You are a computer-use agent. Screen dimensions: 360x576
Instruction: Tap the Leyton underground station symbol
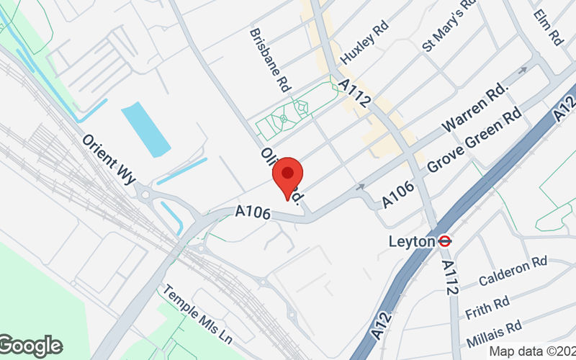pyautogui.click(x=445, y=242)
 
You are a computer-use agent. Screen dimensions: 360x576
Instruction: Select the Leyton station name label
pyautogui.click(x=413, y=242)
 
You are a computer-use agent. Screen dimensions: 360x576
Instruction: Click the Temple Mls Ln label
pyautogui.click(x=197, y=316)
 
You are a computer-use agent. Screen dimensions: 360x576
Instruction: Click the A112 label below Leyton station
pyautogui.click(x=449, y=277)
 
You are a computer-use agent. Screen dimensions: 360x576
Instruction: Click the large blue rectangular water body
pyautogui.click(x=145, y=129)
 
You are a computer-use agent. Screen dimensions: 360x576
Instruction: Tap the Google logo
pyautogui.click(x=30, y=346)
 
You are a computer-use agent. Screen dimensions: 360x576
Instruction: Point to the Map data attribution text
pyautogui.click(x=532, y=351)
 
